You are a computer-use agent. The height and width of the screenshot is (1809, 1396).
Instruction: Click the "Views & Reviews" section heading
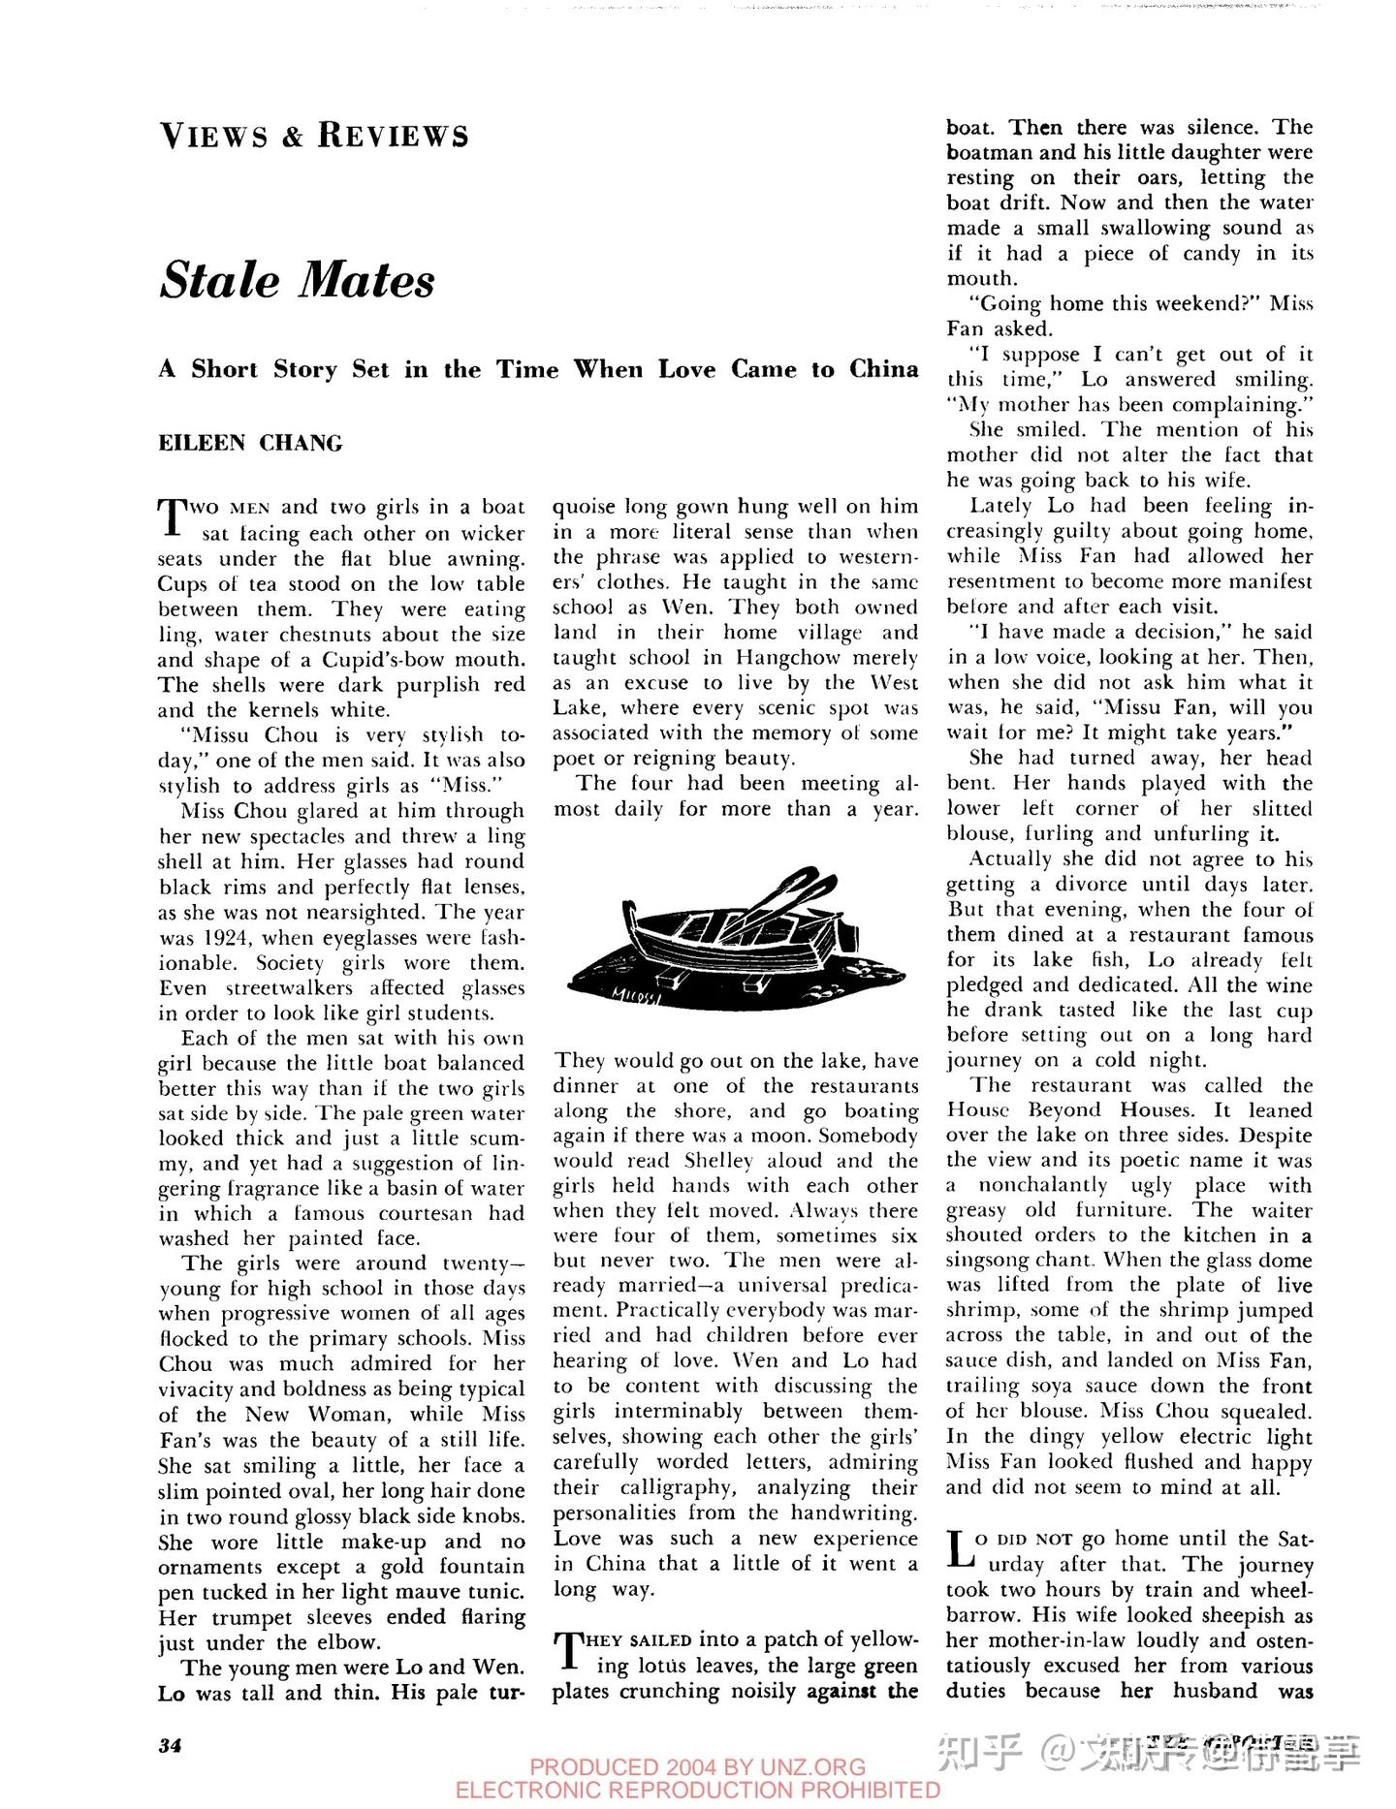[314, 136]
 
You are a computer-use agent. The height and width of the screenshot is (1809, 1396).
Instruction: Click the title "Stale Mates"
[298, 280]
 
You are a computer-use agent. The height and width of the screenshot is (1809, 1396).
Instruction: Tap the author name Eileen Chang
[251, 444]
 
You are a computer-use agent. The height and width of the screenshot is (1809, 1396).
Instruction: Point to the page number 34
[171, 1744]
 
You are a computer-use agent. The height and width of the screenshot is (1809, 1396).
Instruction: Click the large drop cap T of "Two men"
[172, 515]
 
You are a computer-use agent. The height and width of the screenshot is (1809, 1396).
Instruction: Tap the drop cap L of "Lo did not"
[959, 1548]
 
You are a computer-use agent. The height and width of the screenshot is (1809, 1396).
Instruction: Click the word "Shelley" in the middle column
[718, 1161]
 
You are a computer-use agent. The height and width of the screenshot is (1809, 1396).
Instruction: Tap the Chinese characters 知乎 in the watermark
[982, 1751]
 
